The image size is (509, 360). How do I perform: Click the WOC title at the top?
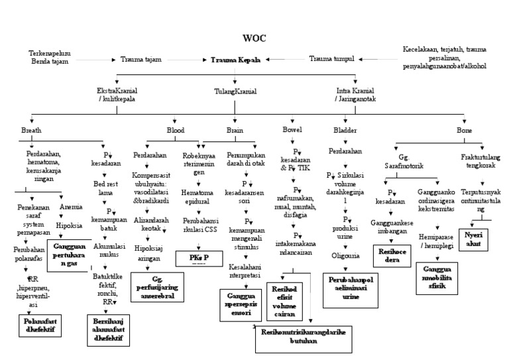tap(254, 38)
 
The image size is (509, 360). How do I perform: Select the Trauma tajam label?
tap(141, 60)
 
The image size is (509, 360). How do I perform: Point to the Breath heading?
tap(31, 131)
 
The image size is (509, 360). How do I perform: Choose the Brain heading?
tap(236, 131)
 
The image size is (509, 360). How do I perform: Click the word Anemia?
tap(71, 207)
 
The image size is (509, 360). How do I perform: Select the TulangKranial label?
tap(235, 91)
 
